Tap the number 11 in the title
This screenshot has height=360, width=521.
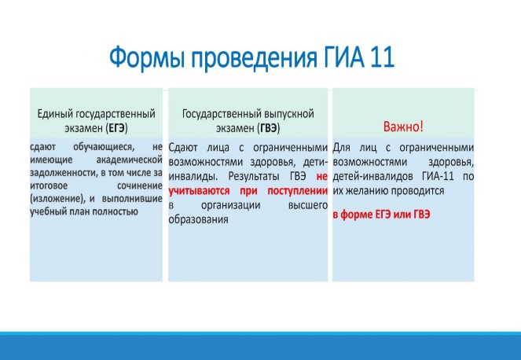381,57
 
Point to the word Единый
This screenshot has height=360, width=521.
55,114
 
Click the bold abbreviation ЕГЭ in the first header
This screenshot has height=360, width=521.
116,128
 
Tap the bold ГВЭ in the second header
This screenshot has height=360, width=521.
269,128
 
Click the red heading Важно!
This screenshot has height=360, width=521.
403,127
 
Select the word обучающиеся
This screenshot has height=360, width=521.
104,146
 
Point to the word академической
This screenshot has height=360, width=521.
129,160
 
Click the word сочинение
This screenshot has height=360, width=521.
140,186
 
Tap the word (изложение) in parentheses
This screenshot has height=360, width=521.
57,199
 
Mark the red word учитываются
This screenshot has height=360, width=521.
199,191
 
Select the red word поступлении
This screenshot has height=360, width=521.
297,191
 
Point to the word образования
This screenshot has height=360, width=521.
198,220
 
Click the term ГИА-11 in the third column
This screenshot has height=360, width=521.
438,176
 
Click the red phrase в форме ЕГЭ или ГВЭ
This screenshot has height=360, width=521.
381,215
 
